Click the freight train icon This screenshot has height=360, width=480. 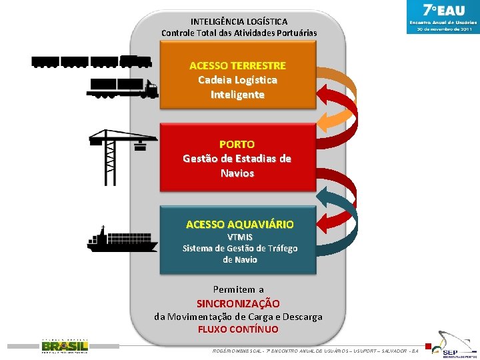point(91,61)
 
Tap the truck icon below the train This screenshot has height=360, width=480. point(122,88)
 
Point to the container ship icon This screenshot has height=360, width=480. point(122,239)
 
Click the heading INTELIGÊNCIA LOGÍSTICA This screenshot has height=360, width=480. point(239,21)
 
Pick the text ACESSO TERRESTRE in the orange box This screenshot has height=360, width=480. point(237,65)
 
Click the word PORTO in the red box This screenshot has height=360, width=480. point(237,144)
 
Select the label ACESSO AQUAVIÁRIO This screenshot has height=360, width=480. point(239,225)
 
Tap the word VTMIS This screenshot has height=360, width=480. point(240,237)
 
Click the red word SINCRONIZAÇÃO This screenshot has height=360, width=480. point(238,303)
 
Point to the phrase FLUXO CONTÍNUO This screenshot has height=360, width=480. point(238,329)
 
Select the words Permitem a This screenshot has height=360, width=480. point(238,289)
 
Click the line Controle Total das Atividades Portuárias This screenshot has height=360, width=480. point(239,33)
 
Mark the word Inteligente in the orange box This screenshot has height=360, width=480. point(237,95)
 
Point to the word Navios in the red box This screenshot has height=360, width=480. point(237,173)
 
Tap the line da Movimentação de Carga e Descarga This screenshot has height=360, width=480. point(238,317)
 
